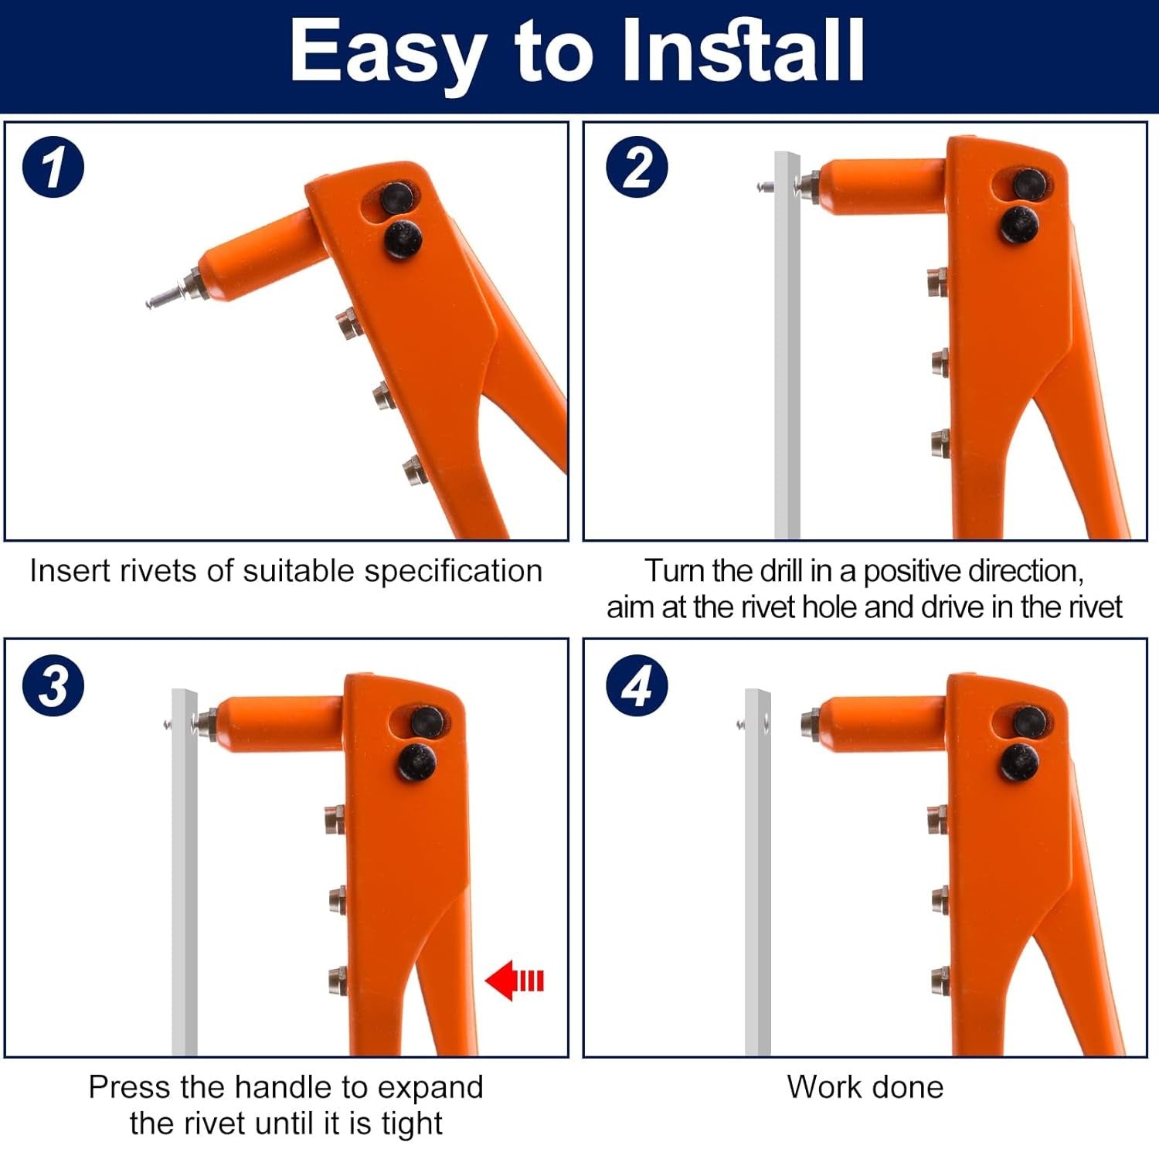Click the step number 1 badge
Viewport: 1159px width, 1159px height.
53,166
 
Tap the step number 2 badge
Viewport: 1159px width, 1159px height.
636,166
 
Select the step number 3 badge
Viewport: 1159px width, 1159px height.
53,685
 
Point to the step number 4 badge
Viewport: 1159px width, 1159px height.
636,685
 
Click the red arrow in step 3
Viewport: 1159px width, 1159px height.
515,981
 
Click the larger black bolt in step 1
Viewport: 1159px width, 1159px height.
403,239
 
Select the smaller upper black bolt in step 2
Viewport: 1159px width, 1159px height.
1029,183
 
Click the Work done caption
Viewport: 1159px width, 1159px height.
865,1087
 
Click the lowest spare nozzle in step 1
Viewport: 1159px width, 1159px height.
413,470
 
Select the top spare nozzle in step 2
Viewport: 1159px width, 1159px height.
938,282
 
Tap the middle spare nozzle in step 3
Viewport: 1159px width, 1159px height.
337,900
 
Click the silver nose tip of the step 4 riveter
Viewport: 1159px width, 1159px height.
810,722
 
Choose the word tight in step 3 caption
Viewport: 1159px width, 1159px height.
411,1123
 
